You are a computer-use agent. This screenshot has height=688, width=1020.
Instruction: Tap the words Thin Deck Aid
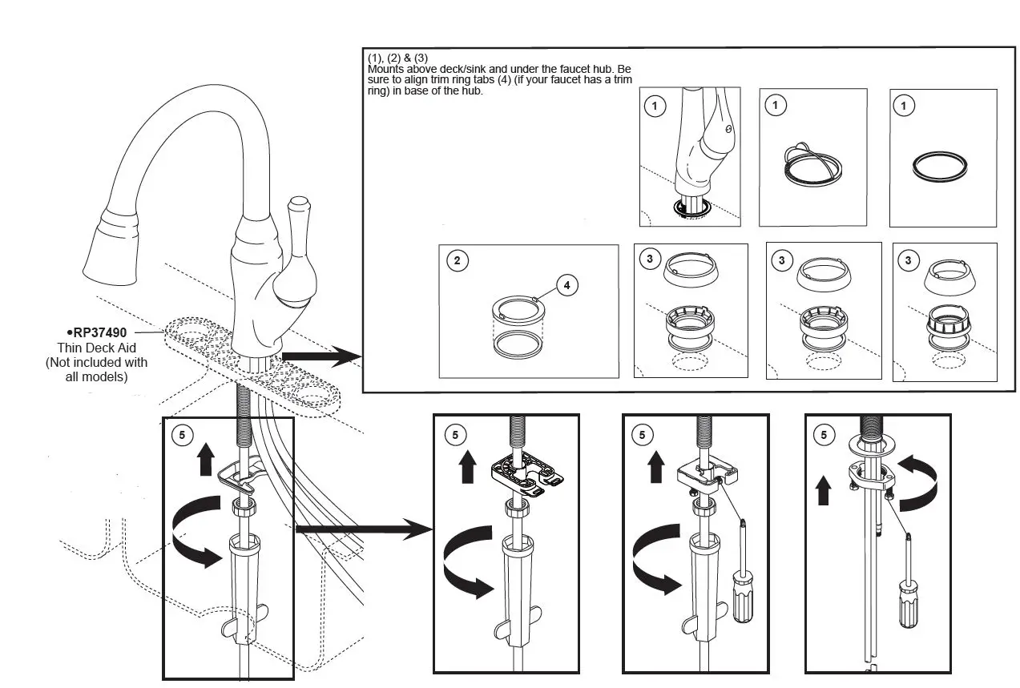(x=96, y=348)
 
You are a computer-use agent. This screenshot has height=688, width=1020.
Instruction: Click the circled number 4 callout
(x=567, y=284)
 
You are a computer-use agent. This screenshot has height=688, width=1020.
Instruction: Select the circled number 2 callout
(x=457, y=261)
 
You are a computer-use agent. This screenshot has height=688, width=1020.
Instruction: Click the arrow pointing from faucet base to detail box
(x=321, y=356)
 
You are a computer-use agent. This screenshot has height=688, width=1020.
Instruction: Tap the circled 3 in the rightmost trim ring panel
(x=908, y=260)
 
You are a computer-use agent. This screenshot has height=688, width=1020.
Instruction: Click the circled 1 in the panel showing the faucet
(x=655, y=106)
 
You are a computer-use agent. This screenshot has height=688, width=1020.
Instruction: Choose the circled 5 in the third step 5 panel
(x=641, y=435)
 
